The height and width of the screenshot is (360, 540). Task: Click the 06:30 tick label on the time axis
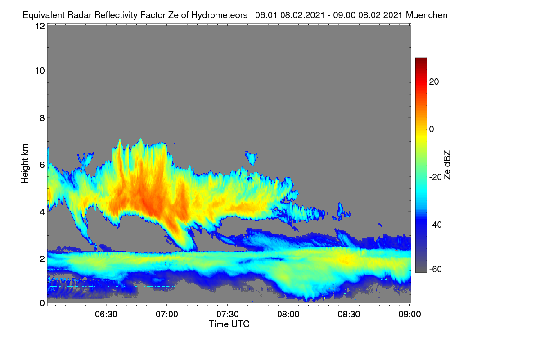(106, 315)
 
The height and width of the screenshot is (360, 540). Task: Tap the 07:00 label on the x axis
(167, 315)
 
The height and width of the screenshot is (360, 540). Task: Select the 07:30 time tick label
(228, 315)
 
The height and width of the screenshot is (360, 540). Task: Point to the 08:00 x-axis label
(288, 315)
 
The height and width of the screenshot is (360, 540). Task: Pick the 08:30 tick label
(349, 315)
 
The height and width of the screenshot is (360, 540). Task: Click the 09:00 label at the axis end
(409, 315)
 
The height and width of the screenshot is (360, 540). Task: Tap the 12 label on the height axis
(40, 26)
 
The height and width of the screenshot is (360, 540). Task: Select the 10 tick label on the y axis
(40, 71)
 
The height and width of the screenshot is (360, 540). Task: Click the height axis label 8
(42, 118)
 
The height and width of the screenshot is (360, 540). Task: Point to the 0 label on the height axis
(42, 303)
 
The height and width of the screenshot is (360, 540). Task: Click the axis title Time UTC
(229, 324)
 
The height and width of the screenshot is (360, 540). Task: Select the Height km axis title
(25, 164)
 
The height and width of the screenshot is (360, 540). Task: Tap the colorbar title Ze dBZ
(447, 165)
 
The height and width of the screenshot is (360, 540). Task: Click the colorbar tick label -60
(436, 270)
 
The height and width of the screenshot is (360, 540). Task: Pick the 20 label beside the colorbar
(434, 82)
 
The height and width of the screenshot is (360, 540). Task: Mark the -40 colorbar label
(436, 225)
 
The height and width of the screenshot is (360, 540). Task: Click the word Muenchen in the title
(427, 15)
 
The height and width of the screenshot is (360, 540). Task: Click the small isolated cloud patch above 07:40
(252, 158)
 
